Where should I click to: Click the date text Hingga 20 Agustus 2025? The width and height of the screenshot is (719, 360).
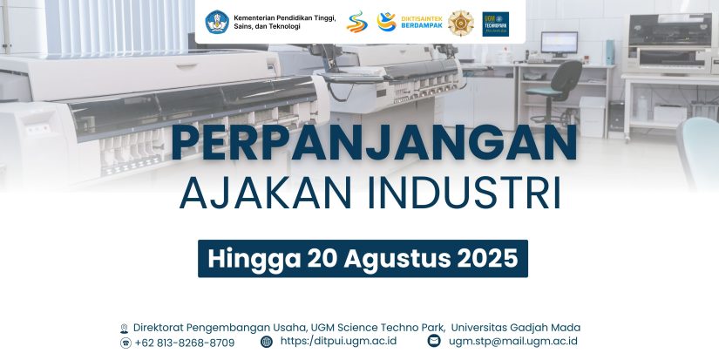[x=363, y=259]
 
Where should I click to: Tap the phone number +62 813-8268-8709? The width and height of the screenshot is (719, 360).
[x=185, y=343]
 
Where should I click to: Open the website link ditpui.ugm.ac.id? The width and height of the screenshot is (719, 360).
[x=338, y=341]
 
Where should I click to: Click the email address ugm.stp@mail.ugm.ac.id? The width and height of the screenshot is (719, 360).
[x=513, y=341]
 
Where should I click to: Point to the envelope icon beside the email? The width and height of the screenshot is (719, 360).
[x=434, y=341]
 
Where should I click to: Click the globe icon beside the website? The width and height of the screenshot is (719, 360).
[x=267, y=342]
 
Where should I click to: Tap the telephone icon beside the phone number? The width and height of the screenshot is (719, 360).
[x=125, y=343]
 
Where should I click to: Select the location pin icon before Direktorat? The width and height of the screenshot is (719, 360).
[x=124, y=329]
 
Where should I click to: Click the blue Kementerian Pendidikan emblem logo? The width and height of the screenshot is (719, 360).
[x=217, y=23]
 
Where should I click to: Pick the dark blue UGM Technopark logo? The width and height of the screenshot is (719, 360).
[x=496, y=24]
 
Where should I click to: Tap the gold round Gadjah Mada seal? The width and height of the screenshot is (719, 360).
[x=461, y=24]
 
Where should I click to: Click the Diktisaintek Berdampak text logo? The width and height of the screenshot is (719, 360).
[x=422, y=22]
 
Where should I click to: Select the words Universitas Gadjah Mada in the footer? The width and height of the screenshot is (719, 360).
[x=516, y=328]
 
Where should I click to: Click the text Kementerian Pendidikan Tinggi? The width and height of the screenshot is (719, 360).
[x=285, y=18]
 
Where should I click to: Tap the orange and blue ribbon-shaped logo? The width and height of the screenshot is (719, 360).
[x=357, y=22]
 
